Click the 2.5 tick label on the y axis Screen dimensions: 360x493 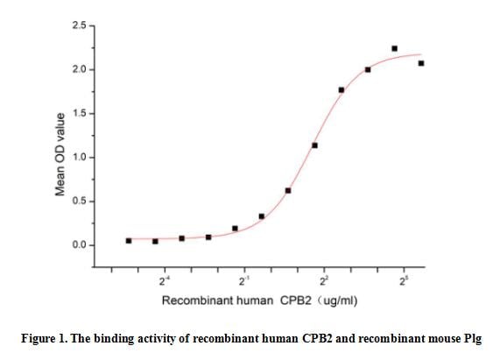point(79,25)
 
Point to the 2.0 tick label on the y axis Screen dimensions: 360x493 point(79,69)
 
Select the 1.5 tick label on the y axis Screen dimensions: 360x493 point(79,114)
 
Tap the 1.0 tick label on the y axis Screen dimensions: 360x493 point(79,158)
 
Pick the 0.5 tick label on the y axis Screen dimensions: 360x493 point(79,201)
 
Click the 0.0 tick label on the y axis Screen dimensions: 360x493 point(79,245)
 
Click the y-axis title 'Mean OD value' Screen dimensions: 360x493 point(60,154)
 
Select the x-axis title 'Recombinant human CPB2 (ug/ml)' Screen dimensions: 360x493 point(259,300)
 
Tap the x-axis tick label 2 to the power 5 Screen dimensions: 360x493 point(404,280)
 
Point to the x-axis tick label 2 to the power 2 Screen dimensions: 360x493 point(324,280)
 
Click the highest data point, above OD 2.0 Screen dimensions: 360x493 point(394,49)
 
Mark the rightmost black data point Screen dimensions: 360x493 point(421,63)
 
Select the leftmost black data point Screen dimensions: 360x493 point(129,240)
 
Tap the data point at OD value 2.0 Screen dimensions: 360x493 point(368,69)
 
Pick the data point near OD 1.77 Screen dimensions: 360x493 point(341,89)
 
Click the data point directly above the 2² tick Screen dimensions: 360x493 point(314,145)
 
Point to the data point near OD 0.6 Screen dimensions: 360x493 point(288,190)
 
